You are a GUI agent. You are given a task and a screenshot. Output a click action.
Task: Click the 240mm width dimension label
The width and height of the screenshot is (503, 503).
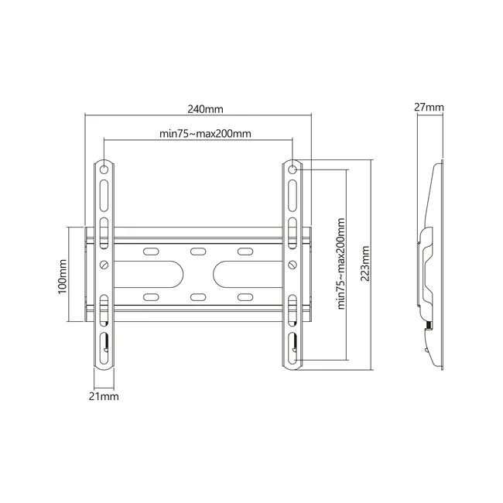click(x=205, y=109)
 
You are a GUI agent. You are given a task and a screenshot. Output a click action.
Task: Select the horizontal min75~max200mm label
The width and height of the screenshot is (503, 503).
click(x=205, y=133)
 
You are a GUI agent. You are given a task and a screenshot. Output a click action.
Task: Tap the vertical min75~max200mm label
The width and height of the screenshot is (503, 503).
click(x=341, y=264)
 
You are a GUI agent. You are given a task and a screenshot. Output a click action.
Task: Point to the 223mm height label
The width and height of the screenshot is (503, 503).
click(x=364, y=264)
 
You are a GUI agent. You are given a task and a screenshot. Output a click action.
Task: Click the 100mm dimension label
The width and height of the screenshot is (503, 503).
click(x=62, y=276)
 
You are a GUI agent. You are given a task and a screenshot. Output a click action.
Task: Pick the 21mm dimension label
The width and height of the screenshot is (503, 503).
click(x=104, y=396)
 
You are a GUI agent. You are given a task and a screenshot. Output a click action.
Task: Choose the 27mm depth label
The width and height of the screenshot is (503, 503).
click(x=429, y=107)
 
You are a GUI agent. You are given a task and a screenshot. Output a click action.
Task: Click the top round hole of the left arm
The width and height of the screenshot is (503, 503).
click(x=104, y=169)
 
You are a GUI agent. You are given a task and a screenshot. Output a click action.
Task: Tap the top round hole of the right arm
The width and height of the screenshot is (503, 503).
click(x=293, y=169)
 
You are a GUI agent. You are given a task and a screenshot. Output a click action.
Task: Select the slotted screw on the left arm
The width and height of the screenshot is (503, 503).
click(x=104, y=265)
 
